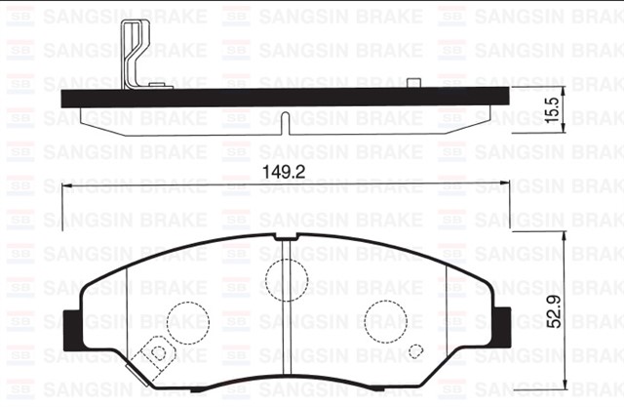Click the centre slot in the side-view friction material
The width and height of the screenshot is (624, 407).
282,124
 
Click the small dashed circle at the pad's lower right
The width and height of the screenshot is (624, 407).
415,352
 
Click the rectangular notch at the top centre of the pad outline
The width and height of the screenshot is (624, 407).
285,237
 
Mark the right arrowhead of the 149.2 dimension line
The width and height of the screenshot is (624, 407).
506,185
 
